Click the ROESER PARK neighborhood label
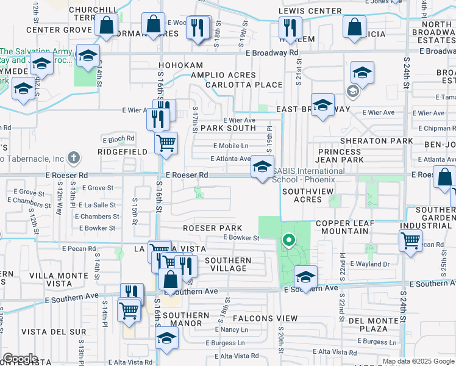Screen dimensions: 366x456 (209, 228)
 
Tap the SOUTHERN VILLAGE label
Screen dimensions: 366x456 (228, 265)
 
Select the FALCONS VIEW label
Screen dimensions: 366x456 (269, 318)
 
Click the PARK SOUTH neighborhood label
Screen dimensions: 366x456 (220, 128)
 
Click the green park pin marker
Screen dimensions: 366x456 (290, 241)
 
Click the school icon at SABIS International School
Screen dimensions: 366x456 (262, 166)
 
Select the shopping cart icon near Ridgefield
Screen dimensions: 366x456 (166, 143)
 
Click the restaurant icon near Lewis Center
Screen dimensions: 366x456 (289, 27)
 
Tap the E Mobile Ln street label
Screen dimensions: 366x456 (231, 146)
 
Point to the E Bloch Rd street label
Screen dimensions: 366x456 (117, 139)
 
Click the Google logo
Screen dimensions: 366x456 (21, 359)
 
